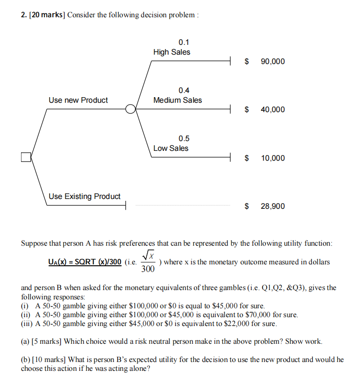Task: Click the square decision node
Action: pos(26,157)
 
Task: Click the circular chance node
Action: pos(130,109)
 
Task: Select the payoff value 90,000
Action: pos(273,62)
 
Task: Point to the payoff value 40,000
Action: pos(273,110)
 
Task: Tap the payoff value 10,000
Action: pos(273,158)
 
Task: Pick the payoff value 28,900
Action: pos(273,206)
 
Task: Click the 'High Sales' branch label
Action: pos(172,52)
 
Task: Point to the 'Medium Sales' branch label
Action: pos(178,100)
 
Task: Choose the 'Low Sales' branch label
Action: pos(171,148)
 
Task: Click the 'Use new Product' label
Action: pos(78,100)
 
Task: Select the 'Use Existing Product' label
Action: pos(84,196)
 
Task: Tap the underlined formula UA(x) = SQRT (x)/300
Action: pos(85,262)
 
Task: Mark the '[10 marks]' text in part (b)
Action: pos(46,360)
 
